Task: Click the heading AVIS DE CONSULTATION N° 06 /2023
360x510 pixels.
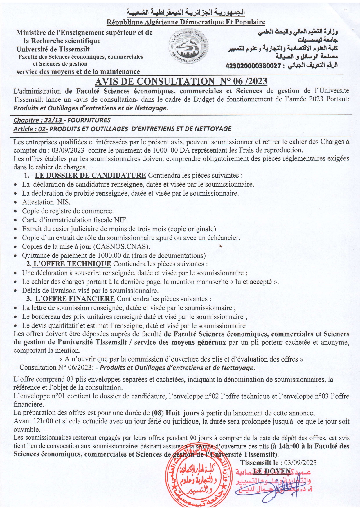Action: [181, 81]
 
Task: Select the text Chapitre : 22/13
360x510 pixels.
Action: [38, 120]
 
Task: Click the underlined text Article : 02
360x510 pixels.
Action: [30, 129]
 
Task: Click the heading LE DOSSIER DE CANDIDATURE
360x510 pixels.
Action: [90, 176]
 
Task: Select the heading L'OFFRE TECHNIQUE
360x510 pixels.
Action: [72, 264]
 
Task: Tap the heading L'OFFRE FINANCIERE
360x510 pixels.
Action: [75, 299]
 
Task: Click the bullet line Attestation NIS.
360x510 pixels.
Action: [46, 202]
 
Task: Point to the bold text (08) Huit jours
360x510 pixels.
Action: [175, 413]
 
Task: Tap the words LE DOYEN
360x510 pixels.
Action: [272, 471]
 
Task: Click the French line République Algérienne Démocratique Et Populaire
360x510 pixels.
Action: [186, 22]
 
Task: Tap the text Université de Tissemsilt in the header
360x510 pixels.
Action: [53, 49]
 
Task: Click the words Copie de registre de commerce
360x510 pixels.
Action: [68, 211]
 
